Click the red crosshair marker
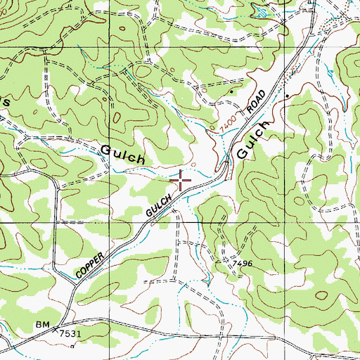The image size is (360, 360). pyautogui.click(x=181, y=181)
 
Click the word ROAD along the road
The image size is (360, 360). pyautogui.click(x=256, y=102)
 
